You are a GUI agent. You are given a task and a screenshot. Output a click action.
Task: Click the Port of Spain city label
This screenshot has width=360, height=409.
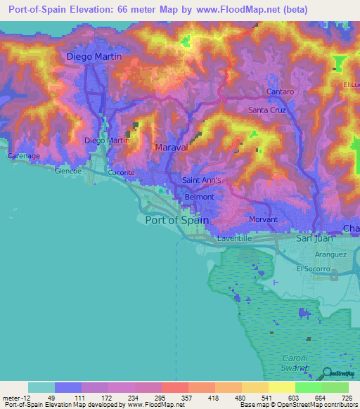[176, 220]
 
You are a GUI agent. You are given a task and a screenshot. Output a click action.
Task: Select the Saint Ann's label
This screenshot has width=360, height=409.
[202, 180]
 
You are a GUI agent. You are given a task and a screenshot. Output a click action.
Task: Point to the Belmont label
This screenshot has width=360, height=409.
[199, 197]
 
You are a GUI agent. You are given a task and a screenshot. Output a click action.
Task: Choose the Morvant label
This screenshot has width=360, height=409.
[264, 220]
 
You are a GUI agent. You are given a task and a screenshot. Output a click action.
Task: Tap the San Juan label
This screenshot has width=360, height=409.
[313, 239]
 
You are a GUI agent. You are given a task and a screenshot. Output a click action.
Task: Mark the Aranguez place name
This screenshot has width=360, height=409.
[331, 254]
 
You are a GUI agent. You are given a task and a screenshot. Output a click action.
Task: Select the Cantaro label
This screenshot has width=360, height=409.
[279, 92]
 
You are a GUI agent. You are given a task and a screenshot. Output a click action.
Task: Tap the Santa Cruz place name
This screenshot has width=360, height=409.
[266, 110]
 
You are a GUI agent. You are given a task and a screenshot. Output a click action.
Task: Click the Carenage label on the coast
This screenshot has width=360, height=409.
[23, 155]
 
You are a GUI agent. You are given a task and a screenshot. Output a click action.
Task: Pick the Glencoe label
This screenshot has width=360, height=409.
[68, 170]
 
